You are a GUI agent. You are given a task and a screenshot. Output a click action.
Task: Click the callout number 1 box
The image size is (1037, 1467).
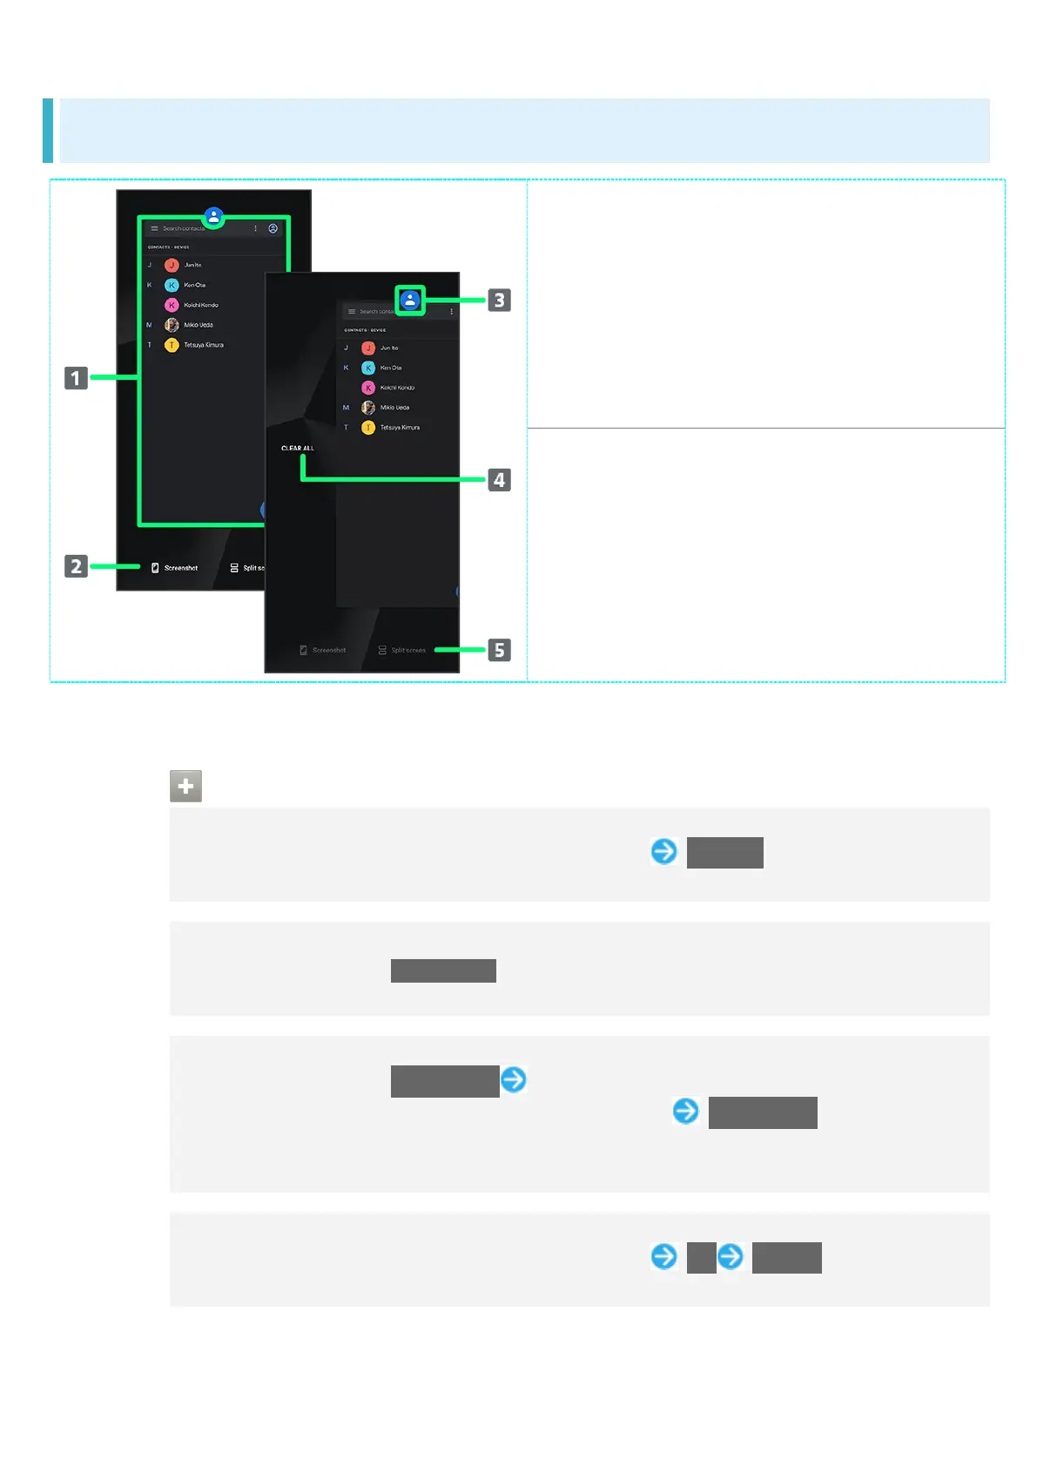pyautogui.click(x=76, y=378)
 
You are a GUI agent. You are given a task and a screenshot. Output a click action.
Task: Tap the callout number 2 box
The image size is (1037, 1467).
pyautogui.click(x=76, y=566)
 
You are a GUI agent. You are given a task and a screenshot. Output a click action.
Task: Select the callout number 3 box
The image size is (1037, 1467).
pyautogui.click(x=499, y=301)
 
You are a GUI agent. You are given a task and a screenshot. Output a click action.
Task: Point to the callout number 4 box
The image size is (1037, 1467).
pyautogui.click(x=499, y=480)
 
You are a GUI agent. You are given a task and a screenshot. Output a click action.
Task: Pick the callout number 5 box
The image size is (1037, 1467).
pyautogui.click(x=499, y=650)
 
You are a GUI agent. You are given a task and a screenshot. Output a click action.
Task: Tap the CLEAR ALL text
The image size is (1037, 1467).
pyautogui.click(x=298, y=449)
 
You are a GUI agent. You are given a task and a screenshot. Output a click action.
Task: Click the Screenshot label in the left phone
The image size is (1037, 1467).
pyautogui.click(x=181, y=568)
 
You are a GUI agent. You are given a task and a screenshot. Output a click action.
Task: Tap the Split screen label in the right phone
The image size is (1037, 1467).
pyautogui.click(x=408, y=651)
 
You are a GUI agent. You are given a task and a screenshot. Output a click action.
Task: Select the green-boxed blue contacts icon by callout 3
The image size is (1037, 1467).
pyautogui.click(x=410, y=301)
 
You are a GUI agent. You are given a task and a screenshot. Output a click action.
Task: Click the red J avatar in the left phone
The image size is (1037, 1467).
pyautogui.click(x=172, y=265)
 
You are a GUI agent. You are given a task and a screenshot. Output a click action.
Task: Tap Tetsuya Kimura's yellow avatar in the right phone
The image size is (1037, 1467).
pyautogui.click(x=368, y=428)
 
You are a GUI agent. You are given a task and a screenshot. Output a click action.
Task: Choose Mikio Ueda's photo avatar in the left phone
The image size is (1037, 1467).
pyautogui.click(x=172, y=325)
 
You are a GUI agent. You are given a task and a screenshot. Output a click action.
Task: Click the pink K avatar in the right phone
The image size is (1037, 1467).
pyautogui.click(x=368, y=388)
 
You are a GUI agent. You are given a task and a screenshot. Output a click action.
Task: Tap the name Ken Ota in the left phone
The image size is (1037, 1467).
pyautogui.click(x=195, y=285)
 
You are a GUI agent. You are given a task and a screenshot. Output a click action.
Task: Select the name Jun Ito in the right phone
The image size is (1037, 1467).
pyautogui.click(x=389, y=348)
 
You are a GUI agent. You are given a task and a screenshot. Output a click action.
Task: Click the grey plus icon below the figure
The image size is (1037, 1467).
pyautogui.click(x=185, y=786)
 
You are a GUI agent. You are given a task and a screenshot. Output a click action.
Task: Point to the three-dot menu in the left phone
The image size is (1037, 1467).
pyautogui.click(x=255, y=228)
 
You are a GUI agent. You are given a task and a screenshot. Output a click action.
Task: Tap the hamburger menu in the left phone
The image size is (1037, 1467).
pyautogui.click(x=155, y=228)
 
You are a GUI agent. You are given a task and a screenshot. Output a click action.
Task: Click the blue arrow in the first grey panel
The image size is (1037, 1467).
pyautogui.click(x=664, y=851)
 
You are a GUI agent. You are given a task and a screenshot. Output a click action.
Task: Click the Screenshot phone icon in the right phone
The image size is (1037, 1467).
pyautogui.click(x=303, y=651)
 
